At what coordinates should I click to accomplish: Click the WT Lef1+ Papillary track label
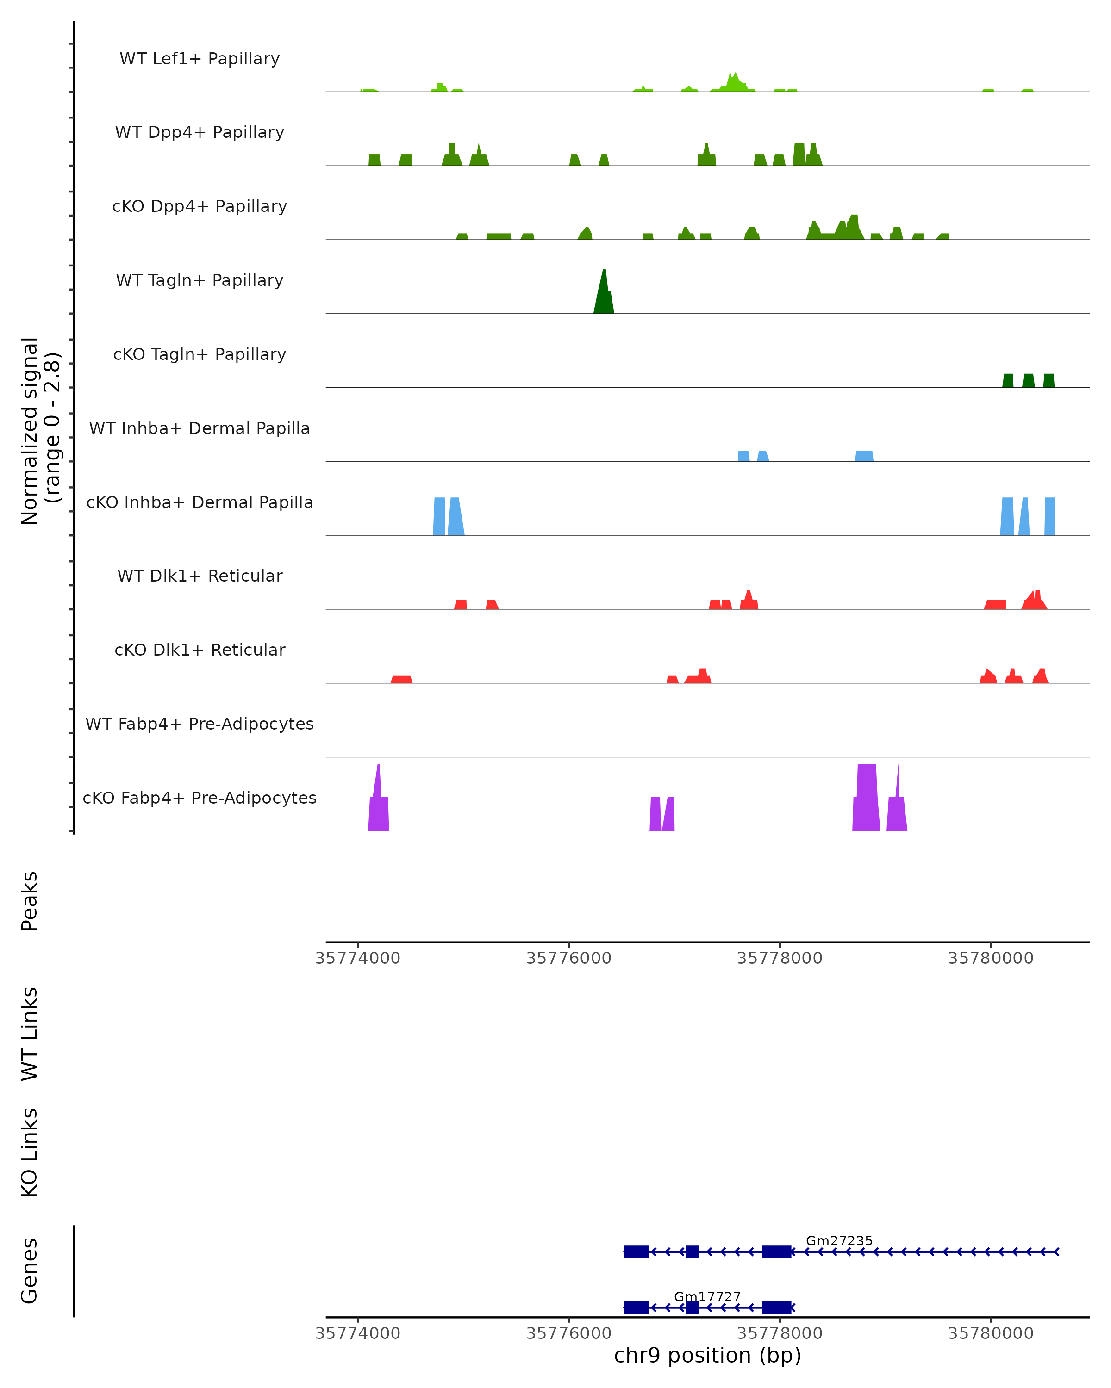pyautogui.click(x=200, y=59)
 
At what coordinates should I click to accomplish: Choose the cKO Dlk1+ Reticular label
pyautogui.click(x=200, y=650)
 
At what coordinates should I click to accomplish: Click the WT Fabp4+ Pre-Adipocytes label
pyautogui.click(x=200, y=724)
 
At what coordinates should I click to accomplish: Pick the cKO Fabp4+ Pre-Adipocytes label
pyautogui.click(x=200, y=798)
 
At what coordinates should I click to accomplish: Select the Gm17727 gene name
pyautogui.click(x=707, y=1296)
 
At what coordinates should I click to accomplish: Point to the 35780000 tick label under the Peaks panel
pyautogui.click(x=991, y=958)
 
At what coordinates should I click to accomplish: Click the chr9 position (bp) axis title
pyautogui.click(x=707, y=1356)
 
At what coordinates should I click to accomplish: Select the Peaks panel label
pyautogui.click(x=30, y=901)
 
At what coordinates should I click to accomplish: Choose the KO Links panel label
pyautogui.click(x=30, y=1153)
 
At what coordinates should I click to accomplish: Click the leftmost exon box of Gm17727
pyautogui.click(x=637, y=1307)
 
